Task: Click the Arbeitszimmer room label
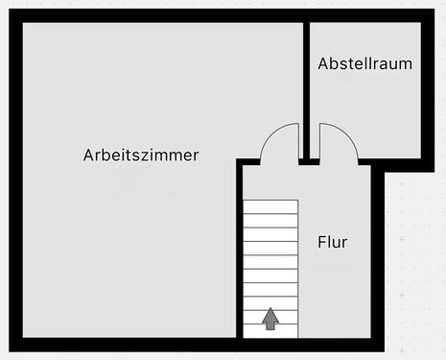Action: (141, 155)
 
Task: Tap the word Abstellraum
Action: (365, 64)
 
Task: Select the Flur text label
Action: (332, 242)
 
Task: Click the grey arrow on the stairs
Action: (270, 319)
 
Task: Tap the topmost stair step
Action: (270, 205)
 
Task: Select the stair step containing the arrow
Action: (270, 319)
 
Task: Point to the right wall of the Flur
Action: (376, 259)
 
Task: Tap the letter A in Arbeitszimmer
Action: (88, 155)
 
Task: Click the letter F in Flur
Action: (321, 242)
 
